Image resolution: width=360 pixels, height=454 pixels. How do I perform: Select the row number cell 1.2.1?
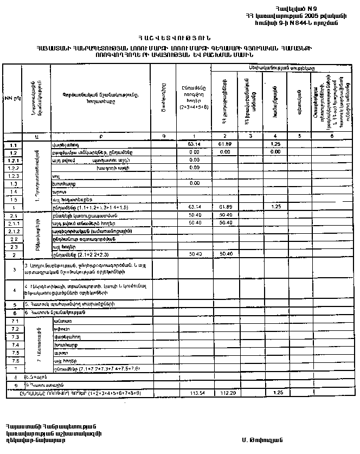coord(12,161)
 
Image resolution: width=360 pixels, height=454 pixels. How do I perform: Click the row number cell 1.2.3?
coord(12,176)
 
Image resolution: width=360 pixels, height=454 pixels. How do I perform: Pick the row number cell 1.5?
coord(12,200)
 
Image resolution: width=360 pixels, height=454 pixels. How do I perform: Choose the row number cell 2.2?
coord(12,239)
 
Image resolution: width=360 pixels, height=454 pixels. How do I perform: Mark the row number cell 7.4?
coord(12,345)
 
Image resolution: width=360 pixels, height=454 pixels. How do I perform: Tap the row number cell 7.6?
coord(12,360)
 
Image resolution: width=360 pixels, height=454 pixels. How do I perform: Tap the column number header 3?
coord(251,136)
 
